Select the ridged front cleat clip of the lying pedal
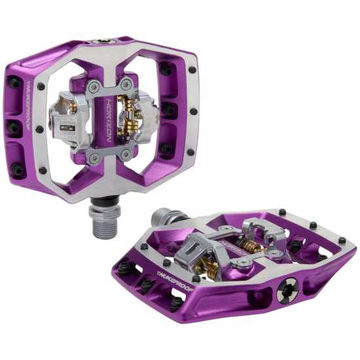197,249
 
